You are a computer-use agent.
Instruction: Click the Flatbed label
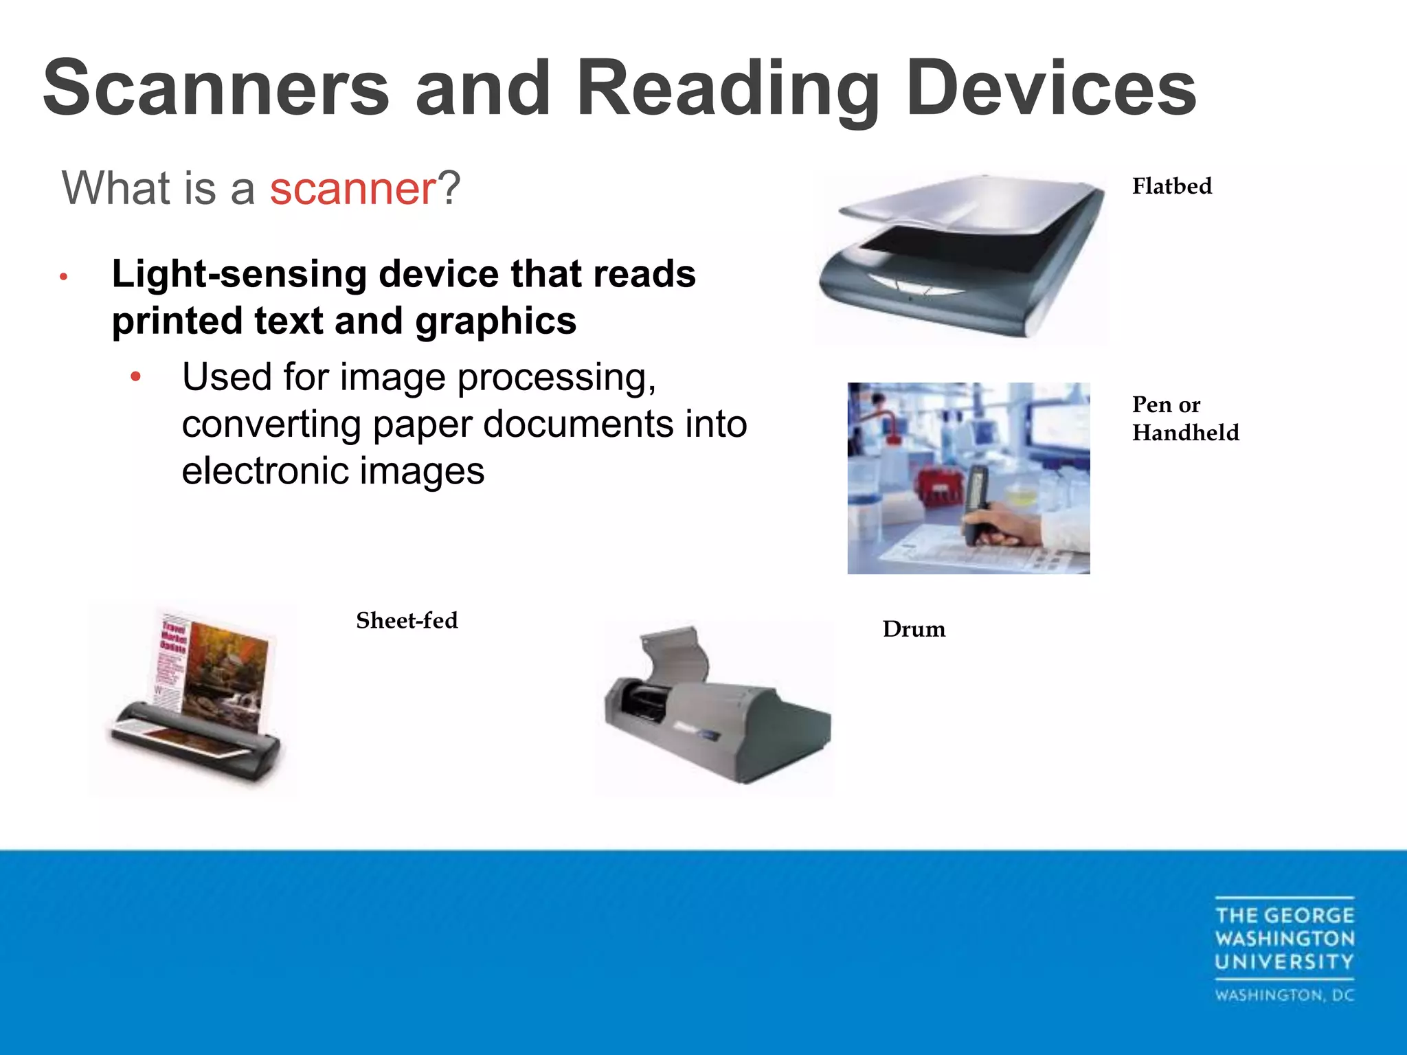pos(1171,186)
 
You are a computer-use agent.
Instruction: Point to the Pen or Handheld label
pos(1185,418)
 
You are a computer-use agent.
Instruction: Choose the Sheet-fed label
pos(407,621)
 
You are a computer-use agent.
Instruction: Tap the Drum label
pos(914,629)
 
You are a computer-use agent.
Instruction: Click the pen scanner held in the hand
pos(976,501)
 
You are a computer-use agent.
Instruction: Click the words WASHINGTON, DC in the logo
pos(1284,995)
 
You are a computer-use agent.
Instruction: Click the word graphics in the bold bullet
pos(495,321)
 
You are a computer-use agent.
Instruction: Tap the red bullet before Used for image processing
pos(136,376)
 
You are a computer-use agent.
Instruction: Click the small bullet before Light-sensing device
pos(63,277)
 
